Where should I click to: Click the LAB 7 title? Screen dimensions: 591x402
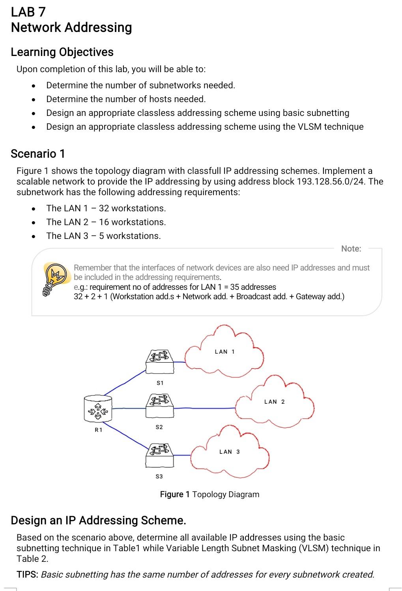point(28,12)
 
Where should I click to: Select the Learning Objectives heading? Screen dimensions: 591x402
point(62,52)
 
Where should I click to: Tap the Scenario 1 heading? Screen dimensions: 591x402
point(37,153)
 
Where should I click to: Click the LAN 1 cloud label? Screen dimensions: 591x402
point(224,352)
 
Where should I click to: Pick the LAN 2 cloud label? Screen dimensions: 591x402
point(274,402)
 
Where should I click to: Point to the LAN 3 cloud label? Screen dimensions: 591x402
point(229,452)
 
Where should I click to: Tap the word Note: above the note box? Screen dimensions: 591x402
point(351,249)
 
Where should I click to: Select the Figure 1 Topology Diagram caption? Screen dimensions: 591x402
point(209,494)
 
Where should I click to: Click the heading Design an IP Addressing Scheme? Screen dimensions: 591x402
point(98,520)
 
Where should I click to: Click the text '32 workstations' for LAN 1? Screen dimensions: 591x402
point(132,208)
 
